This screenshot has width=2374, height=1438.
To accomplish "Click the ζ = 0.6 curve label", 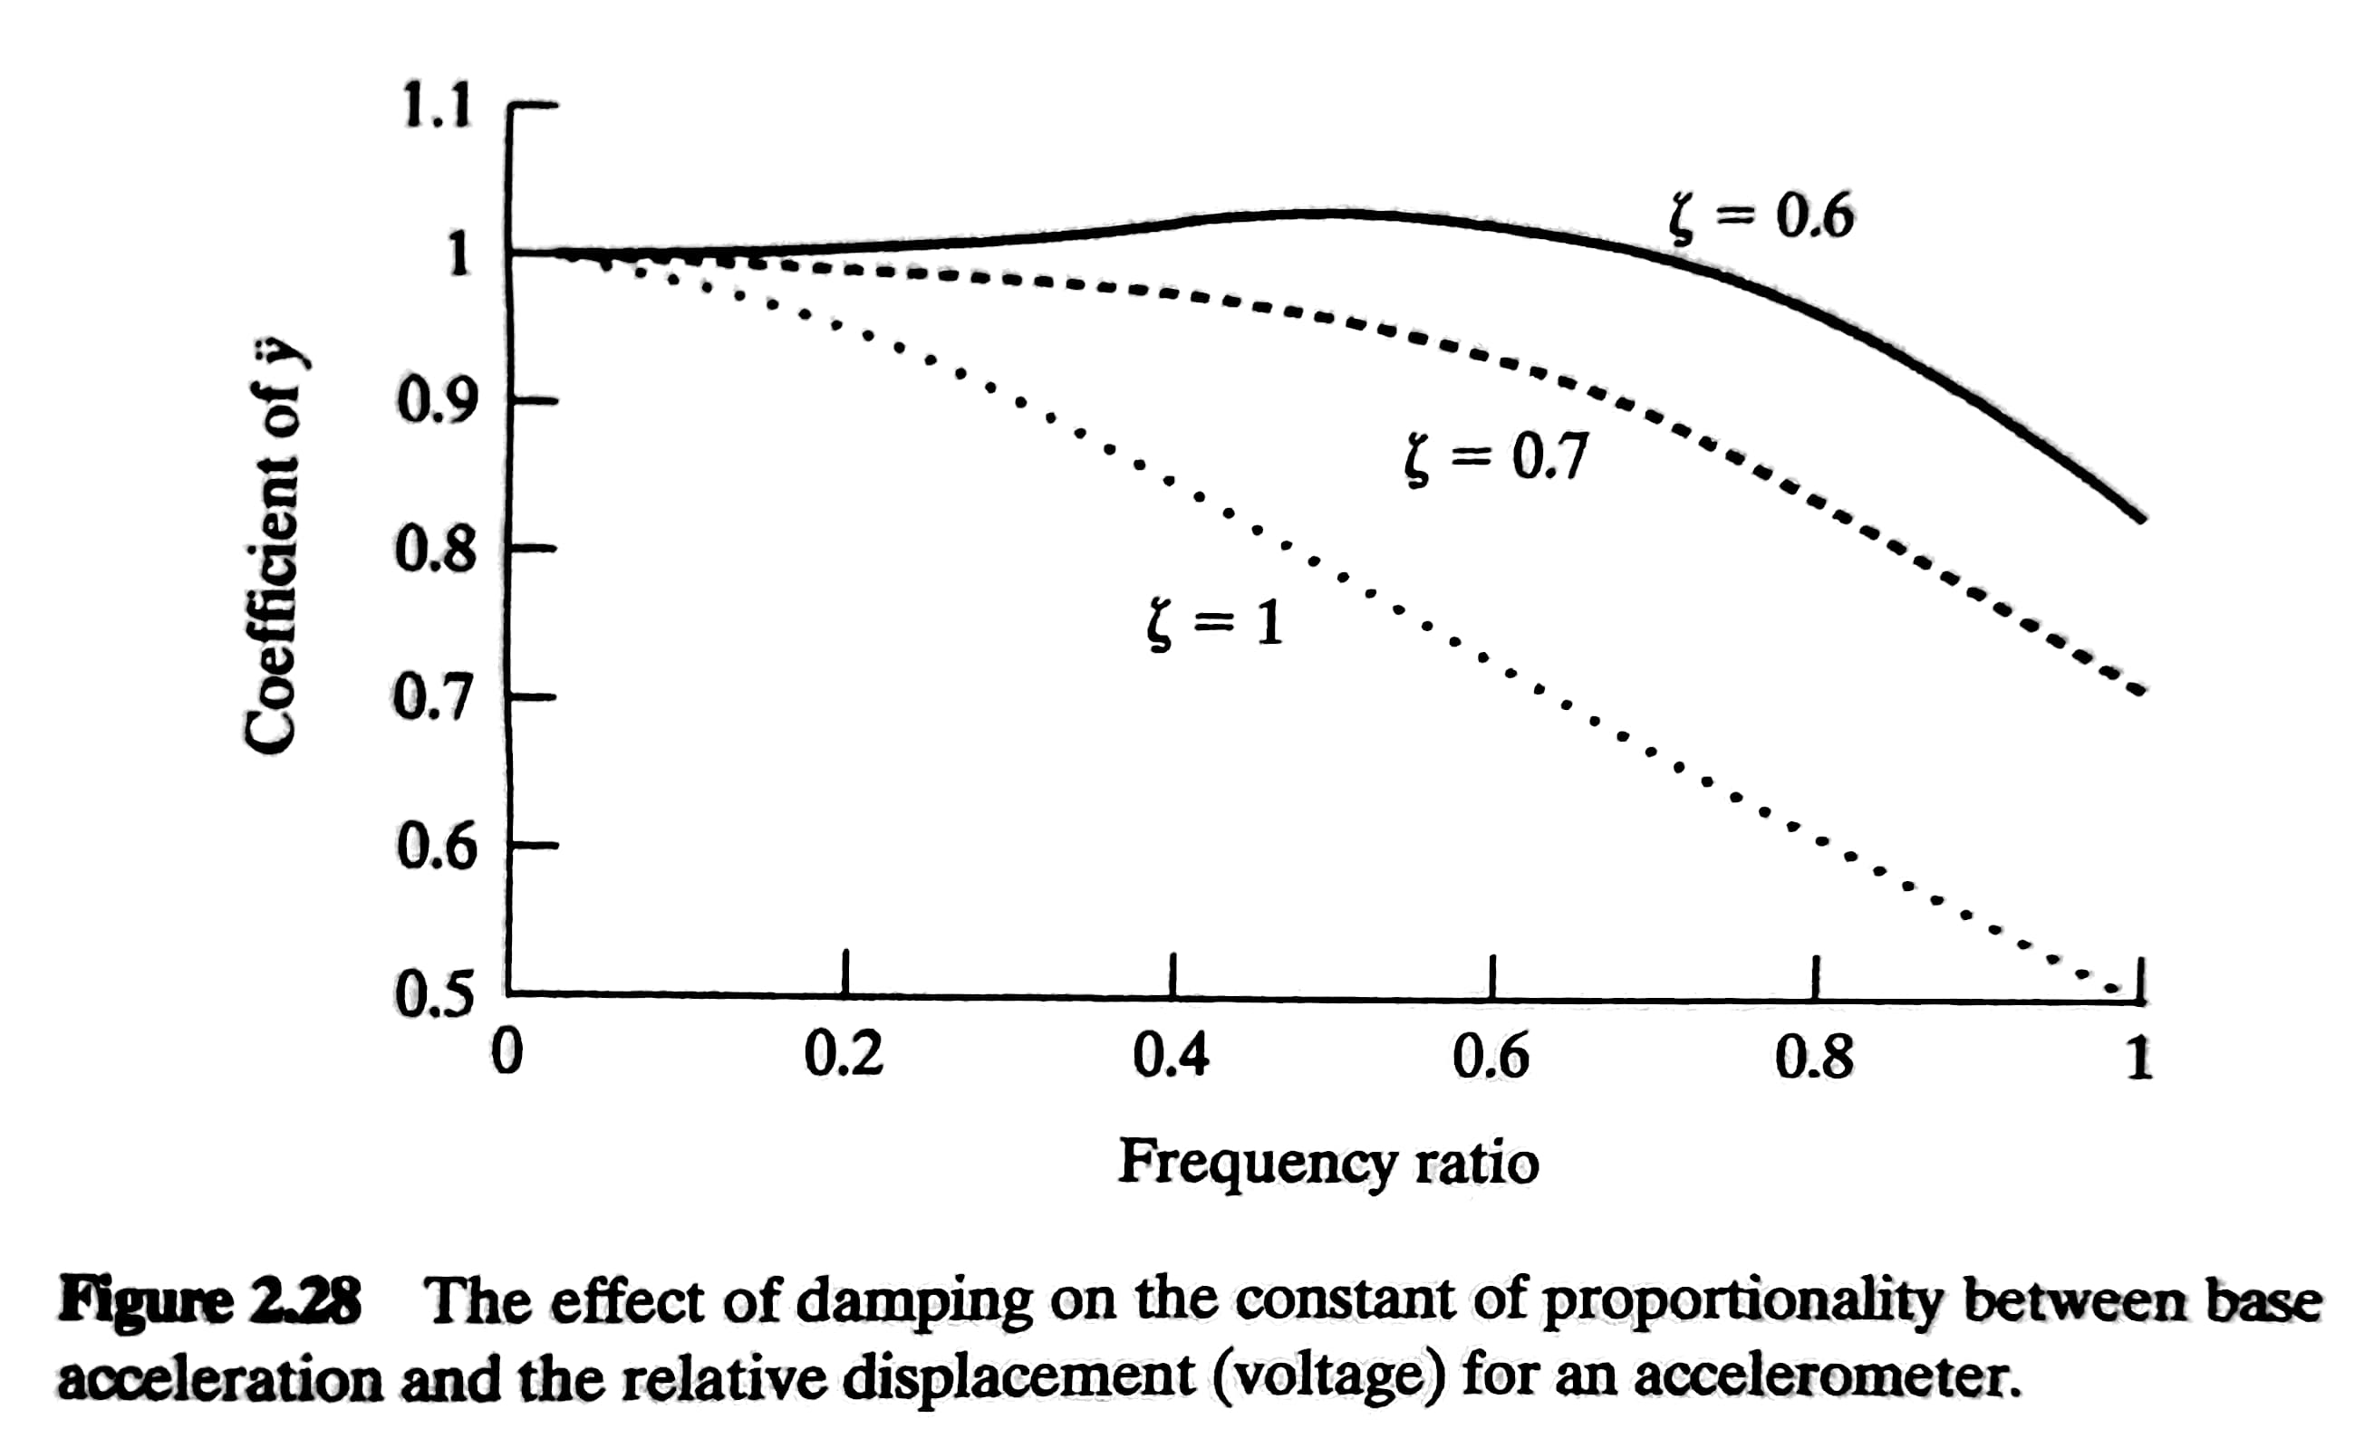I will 1761,216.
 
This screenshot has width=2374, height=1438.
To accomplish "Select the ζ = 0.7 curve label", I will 1494,458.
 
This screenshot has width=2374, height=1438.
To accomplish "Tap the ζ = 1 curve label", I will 1215,623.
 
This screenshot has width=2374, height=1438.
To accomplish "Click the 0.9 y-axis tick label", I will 436,402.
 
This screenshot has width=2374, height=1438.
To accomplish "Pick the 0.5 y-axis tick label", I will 435,994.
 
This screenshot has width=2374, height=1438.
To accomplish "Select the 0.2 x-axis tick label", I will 844,1057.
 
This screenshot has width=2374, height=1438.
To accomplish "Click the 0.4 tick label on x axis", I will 1171,1057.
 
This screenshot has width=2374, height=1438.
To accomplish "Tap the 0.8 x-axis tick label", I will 1813,1057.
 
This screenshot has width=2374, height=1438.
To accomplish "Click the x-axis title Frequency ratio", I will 1327,1163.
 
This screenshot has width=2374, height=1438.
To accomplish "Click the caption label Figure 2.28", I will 210,1301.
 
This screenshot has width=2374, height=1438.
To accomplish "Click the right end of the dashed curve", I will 2139,691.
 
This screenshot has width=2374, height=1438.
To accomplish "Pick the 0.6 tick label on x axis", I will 1491,1057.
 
